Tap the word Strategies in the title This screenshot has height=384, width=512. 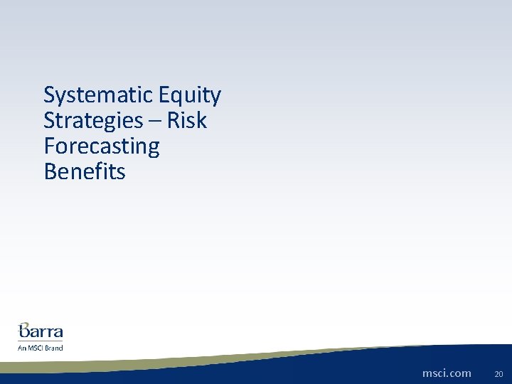[x=92, y=121]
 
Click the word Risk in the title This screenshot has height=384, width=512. [x=186, y=121]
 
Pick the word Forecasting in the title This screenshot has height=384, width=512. [x=102, y=146]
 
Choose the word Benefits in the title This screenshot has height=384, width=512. [x=84, y=171]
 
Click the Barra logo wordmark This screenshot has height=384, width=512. [x=41, y=331]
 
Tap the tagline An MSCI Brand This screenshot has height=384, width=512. [x=41, y=348]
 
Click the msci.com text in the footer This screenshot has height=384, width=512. [x=447, y=373]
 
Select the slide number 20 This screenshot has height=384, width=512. [x=498, y=373]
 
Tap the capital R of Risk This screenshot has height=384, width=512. [x=173, y=121]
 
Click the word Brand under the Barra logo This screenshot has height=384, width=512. [x=55, y=348]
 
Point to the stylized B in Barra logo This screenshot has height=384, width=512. [x=26, y=330]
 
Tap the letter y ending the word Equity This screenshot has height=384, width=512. [x=215, y=97]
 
